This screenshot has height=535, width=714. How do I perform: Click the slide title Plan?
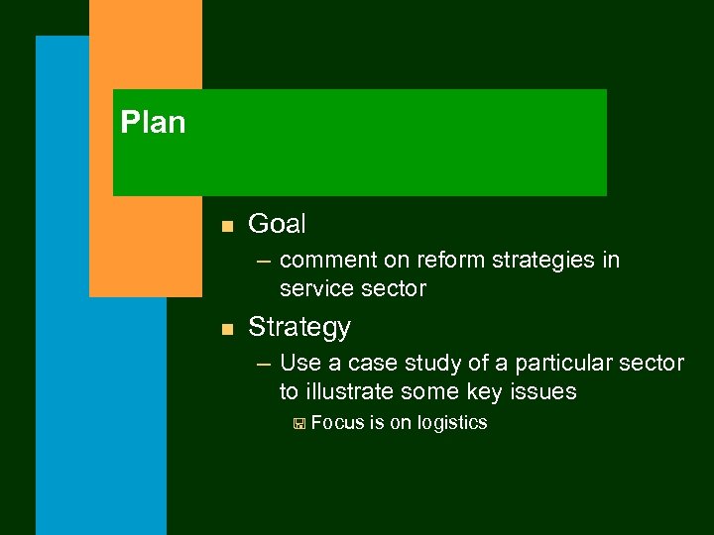[153, 123]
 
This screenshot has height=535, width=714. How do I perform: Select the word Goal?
[277, 224]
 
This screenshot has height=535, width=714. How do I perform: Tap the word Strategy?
[299, 327]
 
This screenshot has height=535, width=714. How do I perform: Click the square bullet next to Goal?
[226, 226]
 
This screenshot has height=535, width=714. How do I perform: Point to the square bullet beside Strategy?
[226, 329]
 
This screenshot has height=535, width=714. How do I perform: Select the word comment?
[328, 261]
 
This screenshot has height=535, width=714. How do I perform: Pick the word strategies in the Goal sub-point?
[530, 261]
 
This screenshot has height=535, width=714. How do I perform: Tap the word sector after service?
[395, 289]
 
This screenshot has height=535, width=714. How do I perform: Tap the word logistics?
[452, 423]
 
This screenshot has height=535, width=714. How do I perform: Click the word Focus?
[337, 423]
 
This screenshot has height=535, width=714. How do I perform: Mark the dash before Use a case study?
[263, 364]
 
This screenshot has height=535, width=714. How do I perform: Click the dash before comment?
[263, 261]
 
